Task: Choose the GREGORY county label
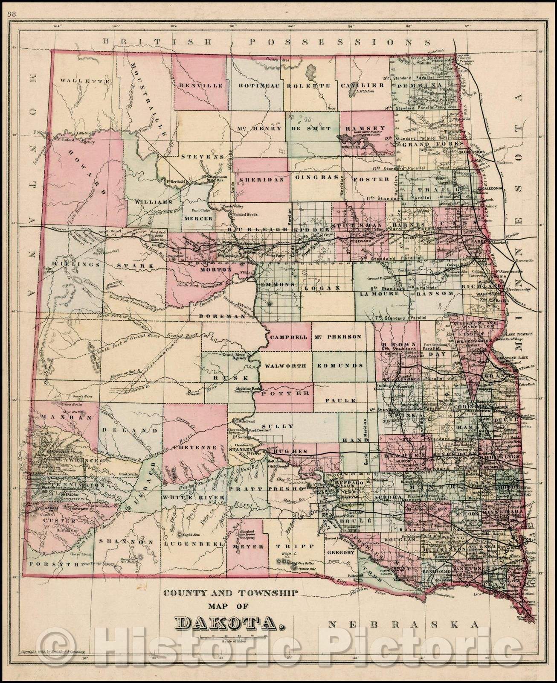tap(341, 552)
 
